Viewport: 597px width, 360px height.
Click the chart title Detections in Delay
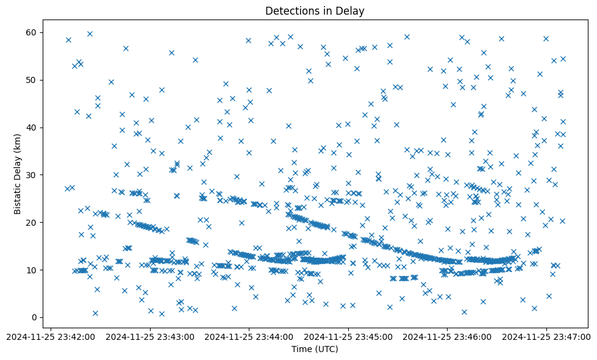click(315, 11)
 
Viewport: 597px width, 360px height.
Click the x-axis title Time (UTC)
click(315, 350)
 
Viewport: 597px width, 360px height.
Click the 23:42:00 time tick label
click(51, 336)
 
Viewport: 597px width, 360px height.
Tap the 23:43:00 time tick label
click(150, 336)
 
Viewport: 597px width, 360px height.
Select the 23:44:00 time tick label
click(249, 336)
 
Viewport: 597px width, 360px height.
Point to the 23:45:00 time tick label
click(349, 336)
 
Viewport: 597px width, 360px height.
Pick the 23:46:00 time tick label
click(448, 336)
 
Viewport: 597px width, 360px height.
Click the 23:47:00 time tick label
click(547, 336)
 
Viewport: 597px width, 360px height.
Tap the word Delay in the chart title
click(352, 11)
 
